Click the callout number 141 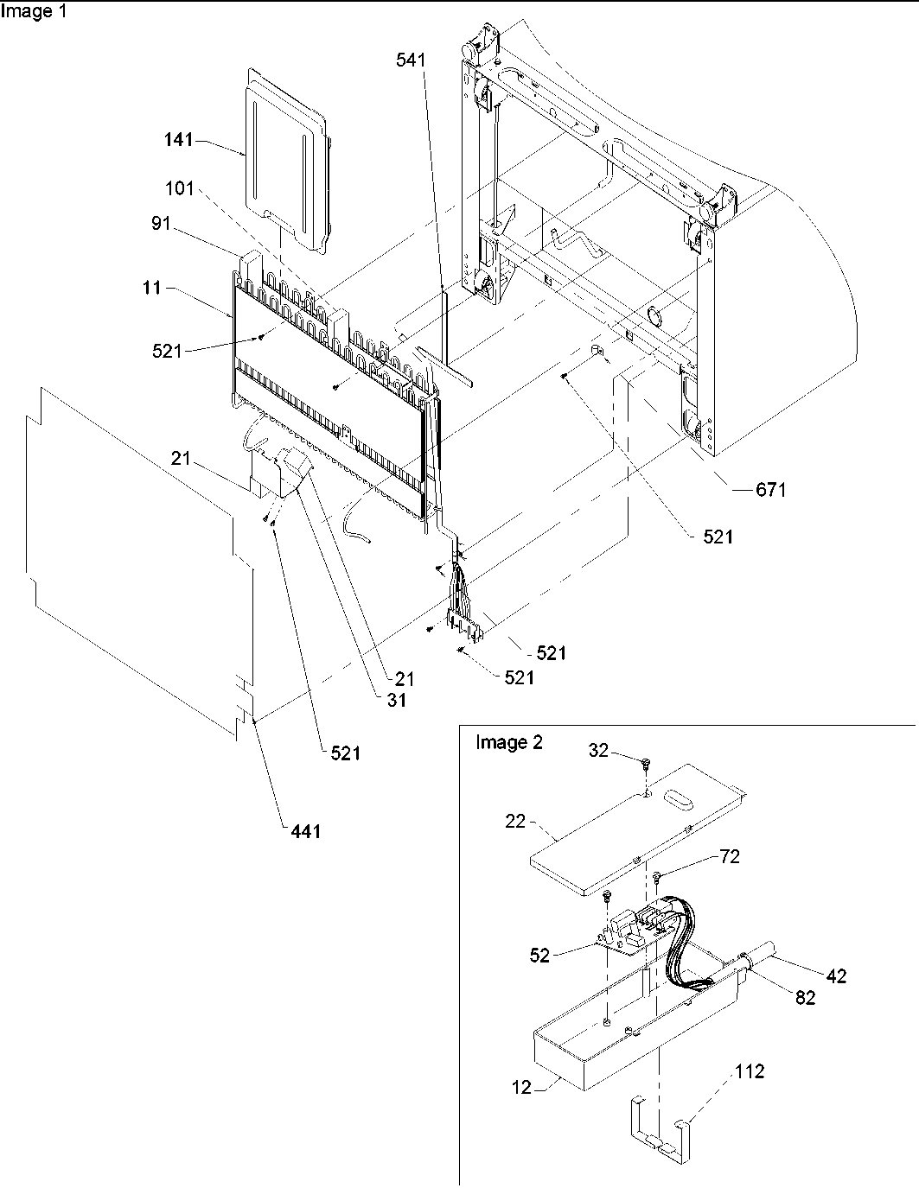point(181,140)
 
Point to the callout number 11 point(152,288)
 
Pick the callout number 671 point(770,490)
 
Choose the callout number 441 point(303,831)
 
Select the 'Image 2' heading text point(509,743)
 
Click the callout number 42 point(836,976)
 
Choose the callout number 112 point(750,1072)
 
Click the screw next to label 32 point(645,763)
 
